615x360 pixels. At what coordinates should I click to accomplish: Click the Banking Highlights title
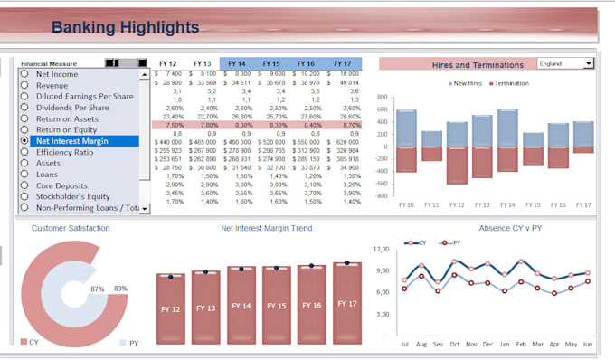pyautogui.click(x=125, y=27)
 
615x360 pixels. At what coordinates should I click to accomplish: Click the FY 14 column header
pyautogui.click(x=237, y=63)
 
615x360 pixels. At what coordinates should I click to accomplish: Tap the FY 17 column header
pyautogui.click(x=343, y=63)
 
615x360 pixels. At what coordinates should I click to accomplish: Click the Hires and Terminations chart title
pyautogui.click(x=478, y=65)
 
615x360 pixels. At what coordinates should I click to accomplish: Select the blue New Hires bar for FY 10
pyautogui.click(x=406, y=128)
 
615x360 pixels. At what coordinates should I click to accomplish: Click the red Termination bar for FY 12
pyautogui.click(x=457, y=165)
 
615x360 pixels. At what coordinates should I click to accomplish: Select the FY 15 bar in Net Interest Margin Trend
pyautogui.click(x=276, y=306)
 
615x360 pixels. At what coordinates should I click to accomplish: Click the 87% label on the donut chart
pyautogui.click(x=98, y=289)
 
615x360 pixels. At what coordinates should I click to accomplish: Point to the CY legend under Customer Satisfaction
pyautogui.click(x=29, y=343)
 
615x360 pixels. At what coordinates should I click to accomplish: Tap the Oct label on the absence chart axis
pyautogui.click(x=454, y=345)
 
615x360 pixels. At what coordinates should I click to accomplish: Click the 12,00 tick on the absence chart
pyautogui.click(x=382, y=248)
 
